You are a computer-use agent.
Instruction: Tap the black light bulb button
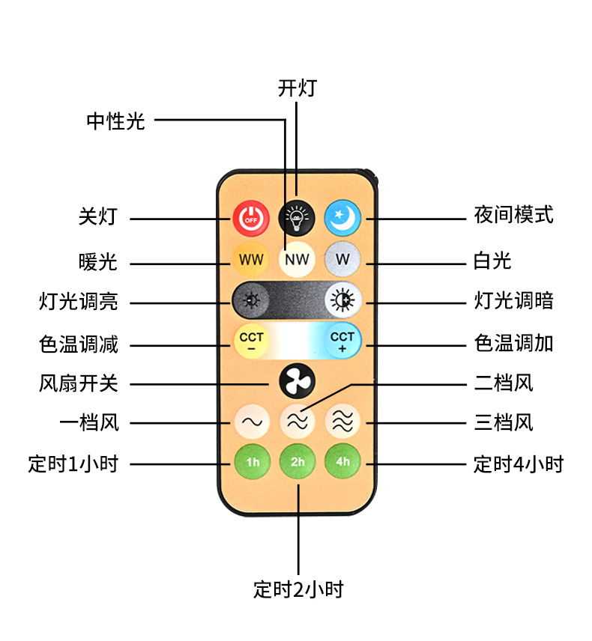tap(297, 218)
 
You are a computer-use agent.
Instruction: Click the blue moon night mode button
tap(342, 218)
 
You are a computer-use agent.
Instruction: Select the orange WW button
tap(251, 260)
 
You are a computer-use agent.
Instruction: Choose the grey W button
tap(342, 260)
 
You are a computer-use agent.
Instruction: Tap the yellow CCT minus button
tap(251, 341)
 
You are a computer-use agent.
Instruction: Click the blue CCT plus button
tap(342, 341)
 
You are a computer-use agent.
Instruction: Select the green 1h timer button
tap(252, 461)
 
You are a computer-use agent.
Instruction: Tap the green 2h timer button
tap(297, 461)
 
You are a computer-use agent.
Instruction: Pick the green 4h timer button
tap(342, 461)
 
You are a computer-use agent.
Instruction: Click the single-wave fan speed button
tap(250, 422)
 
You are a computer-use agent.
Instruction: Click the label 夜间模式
tap(513, 215)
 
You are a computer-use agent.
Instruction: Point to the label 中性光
tap(115, 121)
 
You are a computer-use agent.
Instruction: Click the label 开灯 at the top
tap(297, 88)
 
